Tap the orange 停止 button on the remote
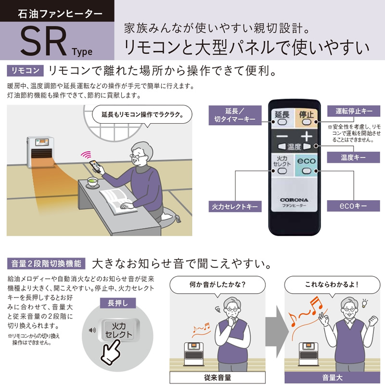coord(306,118)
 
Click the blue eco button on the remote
coord(306,165)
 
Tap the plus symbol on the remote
coord(307,136)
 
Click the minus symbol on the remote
coord(282,136)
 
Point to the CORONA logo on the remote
coord(294,200)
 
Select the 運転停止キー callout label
coord(354,111)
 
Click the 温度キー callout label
coord(353,157)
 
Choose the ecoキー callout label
coord(353,206)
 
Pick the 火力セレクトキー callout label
coord(235,206)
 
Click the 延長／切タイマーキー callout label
coord(235,115)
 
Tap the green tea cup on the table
coord(93,182)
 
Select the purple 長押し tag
coord(118,303)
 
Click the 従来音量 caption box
coord(218,377)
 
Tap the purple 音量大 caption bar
coord(332,377)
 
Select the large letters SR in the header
coord(43,41)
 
